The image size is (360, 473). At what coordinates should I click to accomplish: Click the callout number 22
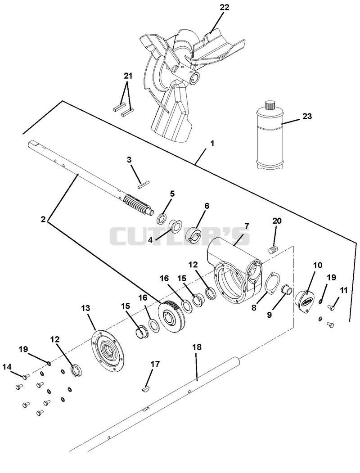tap(224, 7)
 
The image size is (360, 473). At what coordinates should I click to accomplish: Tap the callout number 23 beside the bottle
tap(307, 116)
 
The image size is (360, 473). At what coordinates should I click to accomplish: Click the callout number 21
tap(128, 76)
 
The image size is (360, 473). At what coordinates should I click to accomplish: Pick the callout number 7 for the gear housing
tap(246, 226)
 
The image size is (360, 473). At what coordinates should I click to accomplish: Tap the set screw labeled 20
tap(273, 250)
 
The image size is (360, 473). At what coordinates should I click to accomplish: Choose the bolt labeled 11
tap(331, 307)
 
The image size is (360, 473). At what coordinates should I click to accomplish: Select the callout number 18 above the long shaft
tap(197, 347)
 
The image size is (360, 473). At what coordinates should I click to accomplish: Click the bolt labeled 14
tap(26, 376)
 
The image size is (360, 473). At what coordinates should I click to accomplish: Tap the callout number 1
tap(212, 143)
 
